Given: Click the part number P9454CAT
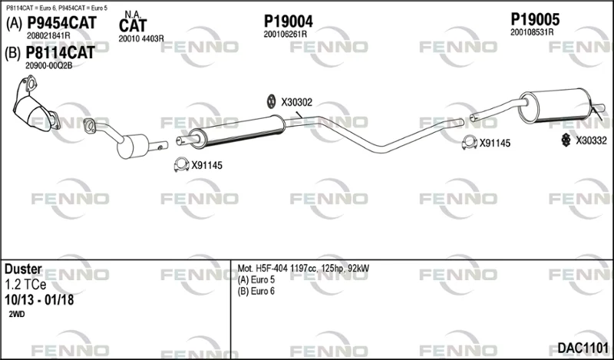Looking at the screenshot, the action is click(61, 23).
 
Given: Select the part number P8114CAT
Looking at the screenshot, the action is click(60, 52).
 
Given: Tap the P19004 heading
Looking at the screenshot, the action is click(289, 21).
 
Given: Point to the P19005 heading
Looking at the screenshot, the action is click(535, 20).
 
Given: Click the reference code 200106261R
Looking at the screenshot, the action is click(285, 35).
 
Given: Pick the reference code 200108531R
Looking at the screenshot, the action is click(532, 32).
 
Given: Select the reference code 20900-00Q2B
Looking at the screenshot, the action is click(49, 66).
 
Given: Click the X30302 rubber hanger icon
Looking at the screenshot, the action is click(271, 102).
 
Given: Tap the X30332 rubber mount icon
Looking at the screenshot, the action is click(566, 140).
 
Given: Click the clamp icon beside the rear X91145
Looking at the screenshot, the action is click(470, 143).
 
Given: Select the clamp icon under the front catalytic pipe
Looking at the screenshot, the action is click(181, 164).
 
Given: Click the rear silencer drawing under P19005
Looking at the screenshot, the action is click(553, 105).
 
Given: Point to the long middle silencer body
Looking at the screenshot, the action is click(238, 131).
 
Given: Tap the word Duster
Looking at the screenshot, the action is click(23, 269).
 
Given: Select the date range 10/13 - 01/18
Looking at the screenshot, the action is click(39, 300).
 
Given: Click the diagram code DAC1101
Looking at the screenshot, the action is click(583, 348).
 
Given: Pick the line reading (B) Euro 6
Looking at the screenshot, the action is click(256, 291).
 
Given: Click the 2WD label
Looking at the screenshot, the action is click(16, 314).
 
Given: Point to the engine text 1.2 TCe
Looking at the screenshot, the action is click(25, 285).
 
